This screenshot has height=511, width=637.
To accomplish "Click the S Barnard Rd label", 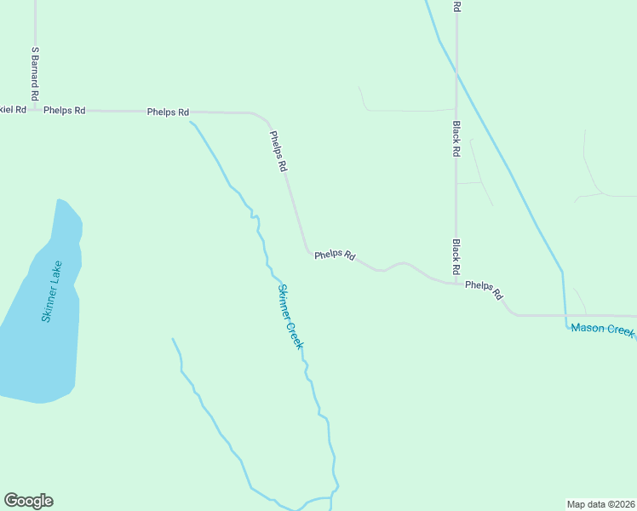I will tap(36, 69).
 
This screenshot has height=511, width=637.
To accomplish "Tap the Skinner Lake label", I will tap(52, 291).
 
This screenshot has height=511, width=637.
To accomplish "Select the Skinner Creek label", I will tap(290, 316).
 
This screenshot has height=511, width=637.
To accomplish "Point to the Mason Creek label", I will tap(602, 330).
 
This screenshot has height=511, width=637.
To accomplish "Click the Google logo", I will tap(28, 501).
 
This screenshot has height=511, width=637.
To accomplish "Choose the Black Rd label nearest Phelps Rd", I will tap(457, 255).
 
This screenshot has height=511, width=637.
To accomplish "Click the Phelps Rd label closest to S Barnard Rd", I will tap(65, 110).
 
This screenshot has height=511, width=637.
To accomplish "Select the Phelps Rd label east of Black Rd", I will tap(485, 290).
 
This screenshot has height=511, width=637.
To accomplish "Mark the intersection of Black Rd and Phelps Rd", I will tap(456, 282).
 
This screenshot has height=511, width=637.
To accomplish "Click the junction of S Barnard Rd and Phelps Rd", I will tap(36, 110).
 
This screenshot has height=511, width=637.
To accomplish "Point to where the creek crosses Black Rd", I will tap(456, 74).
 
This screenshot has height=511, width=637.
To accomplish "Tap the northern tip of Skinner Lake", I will tap(59, 200).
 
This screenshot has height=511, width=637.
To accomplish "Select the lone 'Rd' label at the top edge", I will tap(457, 6).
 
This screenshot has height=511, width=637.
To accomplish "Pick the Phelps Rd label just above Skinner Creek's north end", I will tap(168, 112).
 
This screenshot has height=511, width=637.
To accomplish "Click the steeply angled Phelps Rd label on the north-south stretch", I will tap(278, 152).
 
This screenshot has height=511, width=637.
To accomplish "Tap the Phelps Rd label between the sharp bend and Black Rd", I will tap(335, 255).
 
